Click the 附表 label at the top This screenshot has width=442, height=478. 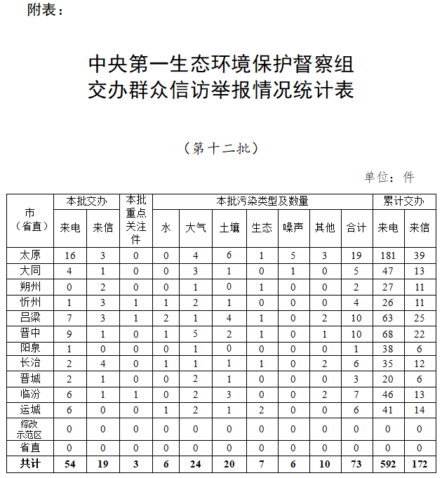click(x=45, y=10)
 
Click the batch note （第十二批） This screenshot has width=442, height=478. click(x=221, y=148)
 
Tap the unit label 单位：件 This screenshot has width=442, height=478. click(x=389, y=177)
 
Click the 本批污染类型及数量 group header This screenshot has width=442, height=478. click(x=262, y=201)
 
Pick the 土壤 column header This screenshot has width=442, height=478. click(x=229, y=227)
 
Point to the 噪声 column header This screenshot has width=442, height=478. click(x=293, y=227)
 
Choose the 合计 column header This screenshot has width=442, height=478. click(x=356, y=227)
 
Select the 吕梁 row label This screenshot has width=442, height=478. click(x=29, y=317)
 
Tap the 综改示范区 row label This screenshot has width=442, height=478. click(x=29, y=428)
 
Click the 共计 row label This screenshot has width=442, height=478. click(x=29, y=463)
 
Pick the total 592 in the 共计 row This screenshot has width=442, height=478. click(x=388, y=463)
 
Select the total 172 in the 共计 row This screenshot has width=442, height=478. click(x=420, y=463)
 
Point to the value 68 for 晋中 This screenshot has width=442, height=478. click(x=388, y=332)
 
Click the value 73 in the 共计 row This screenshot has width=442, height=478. click(x=356, y=463)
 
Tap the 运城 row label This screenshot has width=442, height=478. click(x=29, y=409)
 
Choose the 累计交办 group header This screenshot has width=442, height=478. click(x=403, y=201)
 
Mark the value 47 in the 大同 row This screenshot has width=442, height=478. click(x=388, y=271)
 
